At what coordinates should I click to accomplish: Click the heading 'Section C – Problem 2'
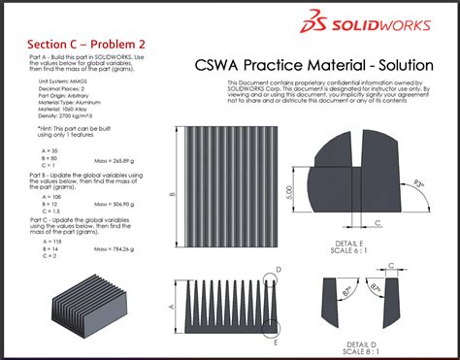point(73,45)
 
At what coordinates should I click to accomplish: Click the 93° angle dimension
point(418,181)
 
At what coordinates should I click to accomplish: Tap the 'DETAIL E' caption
point(346,241)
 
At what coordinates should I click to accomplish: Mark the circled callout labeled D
point(278,268)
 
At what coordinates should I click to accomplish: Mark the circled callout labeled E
point(277,342)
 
